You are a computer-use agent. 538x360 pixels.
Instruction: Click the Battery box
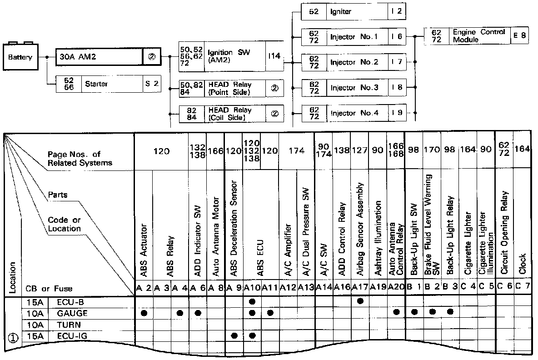(x=20, y=57)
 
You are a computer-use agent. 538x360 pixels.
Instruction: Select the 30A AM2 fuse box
(x=99, y=58)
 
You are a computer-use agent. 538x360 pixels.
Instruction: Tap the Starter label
(x=96, y=84)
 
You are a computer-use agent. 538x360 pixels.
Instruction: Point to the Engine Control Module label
(x=479, y=36)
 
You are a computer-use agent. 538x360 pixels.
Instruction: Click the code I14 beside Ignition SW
(x=274, y=56)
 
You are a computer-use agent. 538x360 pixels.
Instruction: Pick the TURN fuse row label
(x=68, y=325)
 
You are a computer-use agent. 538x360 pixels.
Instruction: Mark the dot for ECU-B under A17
(x=360, y=301)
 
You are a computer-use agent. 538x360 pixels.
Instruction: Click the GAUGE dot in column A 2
(x=144, y=313)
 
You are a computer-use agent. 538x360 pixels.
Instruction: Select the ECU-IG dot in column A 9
(x=234, y=335)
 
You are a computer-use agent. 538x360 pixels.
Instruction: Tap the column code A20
(x=396, y=287)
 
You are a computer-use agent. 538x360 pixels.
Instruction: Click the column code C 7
(x=522, y=287)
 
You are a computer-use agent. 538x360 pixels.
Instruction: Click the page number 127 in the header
(x=360, y=150)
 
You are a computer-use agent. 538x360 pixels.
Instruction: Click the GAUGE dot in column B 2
(x=432, y=312)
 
